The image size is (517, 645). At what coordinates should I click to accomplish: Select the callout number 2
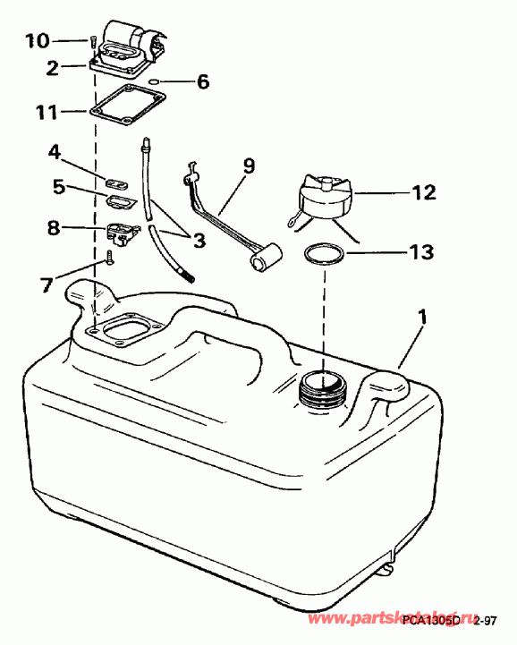click(53, 66)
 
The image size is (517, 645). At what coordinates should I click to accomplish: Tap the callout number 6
click(203, 81)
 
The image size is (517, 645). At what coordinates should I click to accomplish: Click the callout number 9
click(248, 165)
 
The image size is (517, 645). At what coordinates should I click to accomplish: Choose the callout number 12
click(423, 191)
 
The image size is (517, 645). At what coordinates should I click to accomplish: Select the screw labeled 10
click(91, 41)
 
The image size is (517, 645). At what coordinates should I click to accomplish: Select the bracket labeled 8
click(122, 233)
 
